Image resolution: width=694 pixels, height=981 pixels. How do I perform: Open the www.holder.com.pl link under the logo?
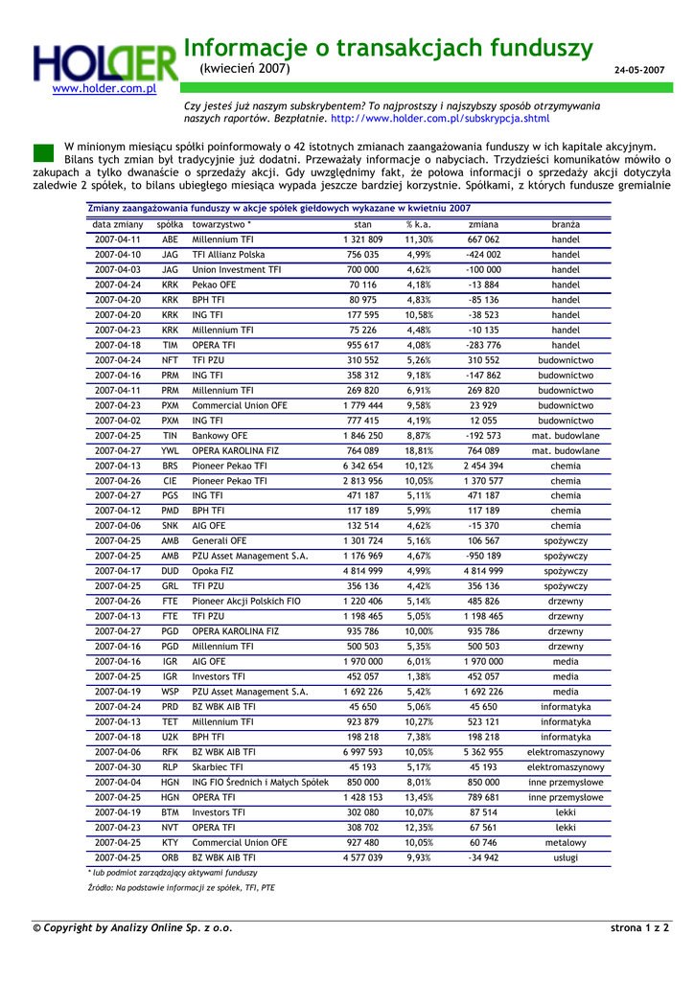click(x=104, y=89)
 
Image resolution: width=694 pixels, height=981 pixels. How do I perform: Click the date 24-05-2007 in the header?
click(x=639, y=71)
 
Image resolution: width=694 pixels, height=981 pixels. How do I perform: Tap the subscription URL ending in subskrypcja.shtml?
click(x=440, y=119)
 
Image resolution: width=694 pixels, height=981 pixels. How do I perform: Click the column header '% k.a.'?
click(x=418, y=224)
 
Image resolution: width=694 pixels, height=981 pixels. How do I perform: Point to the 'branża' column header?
click(x=566, y=224)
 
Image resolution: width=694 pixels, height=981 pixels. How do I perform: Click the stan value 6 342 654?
click(x=362, y=466)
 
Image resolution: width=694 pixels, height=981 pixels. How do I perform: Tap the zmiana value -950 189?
click(x=483, y=556)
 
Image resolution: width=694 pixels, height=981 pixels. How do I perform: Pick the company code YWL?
click(x=170, y=450)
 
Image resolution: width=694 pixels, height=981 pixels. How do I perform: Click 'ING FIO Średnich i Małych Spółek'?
click(x=260, y=782)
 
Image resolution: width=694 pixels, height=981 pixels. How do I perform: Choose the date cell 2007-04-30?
click(x=118, y=766)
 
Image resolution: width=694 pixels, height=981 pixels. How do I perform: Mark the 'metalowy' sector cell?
click(x=566, y=842)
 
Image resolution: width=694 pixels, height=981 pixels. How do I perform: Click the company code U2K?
click(x=170, y=737)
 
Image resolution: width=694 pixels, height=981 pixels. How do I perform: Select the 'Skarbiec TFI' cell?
click(x=218, y=766)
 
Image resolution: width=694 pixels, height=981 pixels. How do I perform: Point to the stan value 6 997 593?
click(x=362, y=752)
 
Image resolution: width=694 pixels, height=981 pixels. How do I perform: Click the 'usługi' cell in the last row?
click(x=566, y=857)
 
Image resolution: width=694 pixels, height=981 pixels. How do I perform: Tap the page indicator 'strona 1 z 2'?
click(x=639, y=927)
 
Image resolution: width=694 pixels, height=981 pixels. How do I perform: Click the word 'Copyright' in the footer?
click(x=73, y=927)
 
